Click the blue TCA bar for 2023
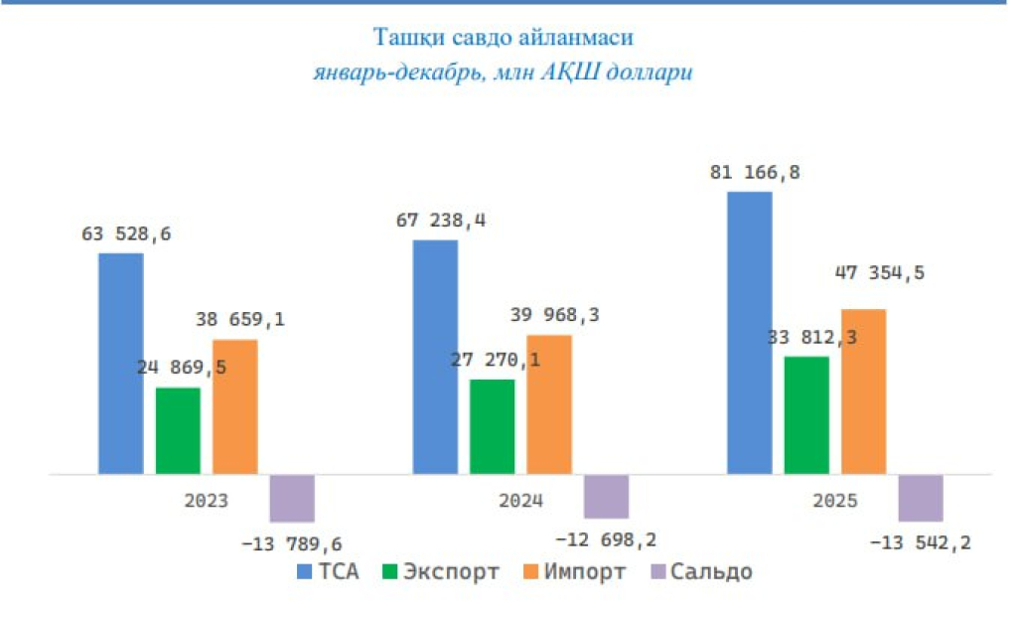[x=120, y=364]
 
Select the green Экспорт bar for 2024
[x=492, y=426]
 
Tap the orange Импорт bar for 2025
[x=863, y=391]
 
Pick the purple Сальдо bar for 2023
[x=292, y=498]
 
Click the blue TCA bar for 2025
[x=749, y=333]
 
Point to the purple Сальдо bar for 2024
[x=606, y=496]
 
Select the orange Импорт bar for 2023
[x=234, y=406]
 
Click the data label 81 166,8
[x=755, y=173]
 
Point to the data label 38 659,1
[x=240, y=320]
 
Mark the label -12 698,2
[x=605, y=540]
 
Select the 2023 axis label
[x=206, y=501]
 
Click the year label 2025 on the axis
[x=833, y=501]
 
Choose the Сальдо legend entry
[x=699, y=572]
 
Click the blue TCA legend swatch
[x=305, y=572]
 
